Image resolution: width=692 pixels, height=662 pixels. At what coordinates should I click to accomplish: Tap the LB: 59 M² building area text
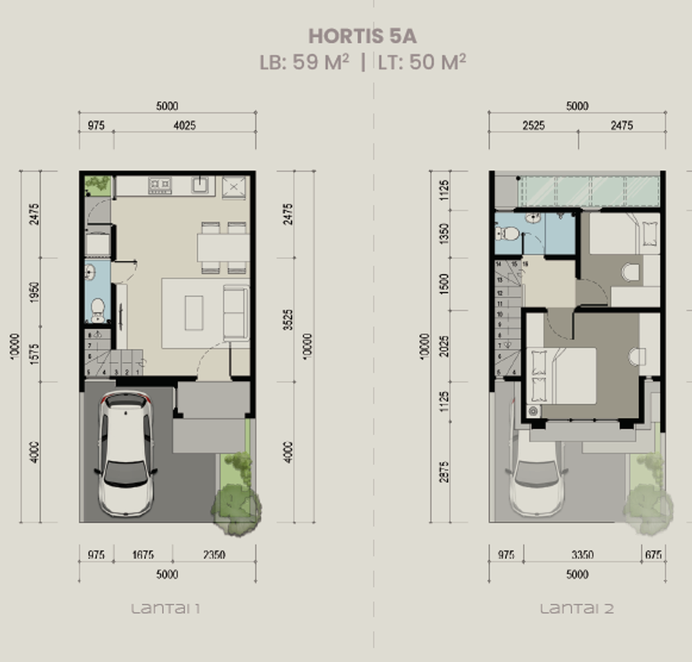(304, 62)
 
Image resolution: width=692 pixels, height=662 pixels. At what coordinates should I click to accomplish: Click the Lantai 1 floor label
(166, 609)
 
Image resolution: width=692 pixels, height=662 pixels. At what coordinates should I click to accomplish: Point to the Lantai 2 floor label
(576, 609)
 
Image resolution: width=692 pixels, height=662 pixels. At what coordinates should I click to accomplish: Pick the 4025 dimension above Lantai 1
(184, 125)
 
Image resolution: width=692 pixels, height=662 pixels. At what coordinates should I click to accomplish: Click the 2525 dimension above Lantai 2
(533, 125)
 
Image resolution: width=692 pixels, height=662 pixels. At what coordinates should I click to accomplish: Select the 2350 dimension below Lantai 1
(214, 555)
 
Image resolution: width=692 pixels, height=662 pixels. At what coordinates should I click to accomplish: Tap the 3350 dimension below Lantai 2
(582, 555)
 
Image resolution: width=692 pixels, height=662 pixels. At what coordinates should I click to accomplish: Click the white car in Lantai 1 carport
(126, 454)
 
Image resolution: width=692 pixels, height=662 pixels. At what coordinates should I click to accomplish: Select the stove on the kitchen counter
(160, 184)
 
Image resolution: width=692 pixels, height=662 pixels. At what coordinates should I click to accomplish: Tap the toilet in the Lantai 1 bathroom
(97, 309)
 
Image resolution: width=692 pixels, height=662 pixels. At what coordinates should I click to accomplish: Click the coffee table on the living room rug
(194, 313)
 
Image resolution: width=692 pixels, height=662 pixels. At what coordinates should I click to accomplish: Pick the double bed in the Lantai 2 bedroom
(561, 376)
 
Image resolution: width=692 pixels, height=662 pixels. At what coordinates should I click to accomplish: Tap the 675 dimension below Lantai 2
(653, 555)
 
